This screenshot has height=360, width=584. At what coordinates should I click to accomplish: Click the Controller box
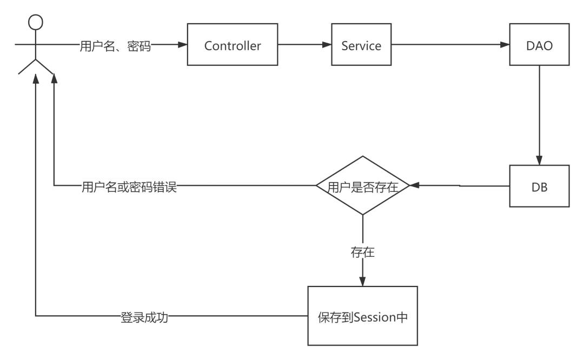click(x=233, y=46)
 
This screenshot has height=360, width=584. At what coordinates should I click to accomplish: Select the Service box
click(x=361, y=46)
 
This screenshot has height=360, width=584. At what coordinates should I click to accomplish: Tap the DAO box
click(x=539, y=46)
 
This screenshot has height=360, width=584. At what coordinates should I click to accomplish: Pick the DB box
click(x=539, y=186)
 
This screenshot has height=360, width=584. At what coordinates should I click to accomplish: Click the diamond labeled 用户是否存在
click(x=362, y=185)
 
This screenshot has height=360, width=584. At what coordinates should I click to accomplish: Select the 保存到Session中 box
click(x=362, y=316)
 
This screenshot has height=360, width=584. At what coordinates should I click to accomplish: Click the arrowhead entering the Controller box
click(x=183, y=46)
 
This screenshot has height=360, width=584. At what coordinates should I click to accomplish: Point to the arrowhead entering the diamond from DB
click(x=414, y=185)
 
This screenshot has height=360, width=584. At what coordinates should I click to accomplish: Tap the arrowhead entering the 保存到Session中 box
click(x=362, y=282)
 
